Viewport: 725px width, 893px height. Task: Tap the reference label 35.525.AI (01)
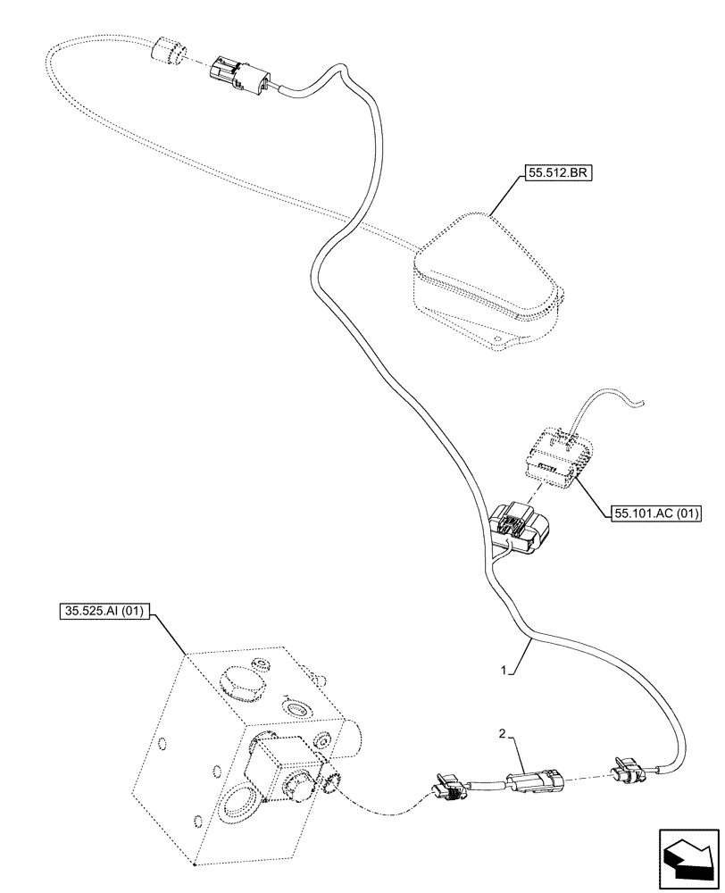(x=104, y=612)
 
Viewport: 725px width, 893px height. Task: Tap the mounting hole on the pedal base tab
(x=488, y=338)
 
